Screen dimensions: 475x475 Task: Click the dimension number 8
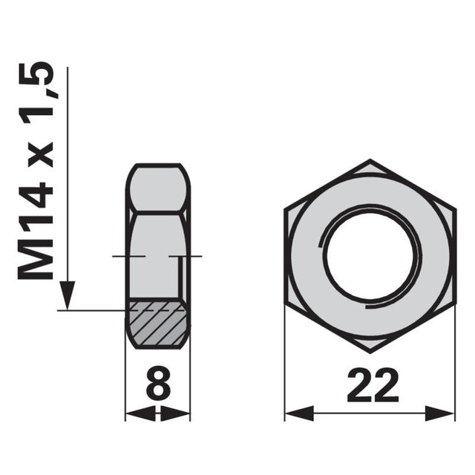click(x=158, y=382)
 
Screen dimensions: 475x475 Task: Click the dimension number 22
click(x=373, y=384)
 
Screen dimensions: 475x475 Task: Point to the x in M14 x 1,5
click(x=41, y=154)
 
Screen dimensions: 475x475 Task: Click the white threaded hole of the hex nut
click(x=370, y=255)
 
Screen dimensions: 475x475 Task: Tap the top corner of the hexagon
click(x=370, y=160)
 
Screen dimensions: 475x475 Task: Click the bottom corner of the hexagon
click(x=370, y=353)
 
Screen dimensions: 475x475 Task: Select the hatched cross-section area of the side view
click(x=158, y=323)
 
